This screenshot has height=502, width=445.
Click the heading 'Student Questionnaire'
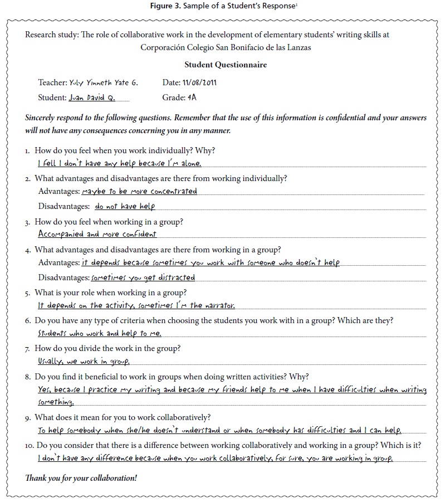click(x=226, y=65)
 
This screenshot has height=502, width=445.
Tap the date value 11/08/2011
click(x=199, y=82)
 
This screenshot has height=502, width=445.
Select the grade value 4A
click(x=192, y=97)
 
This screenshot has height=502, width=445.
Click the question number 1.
click(x=27, y=151)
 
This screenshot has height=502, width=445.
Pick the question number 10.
click(x=29, y=445)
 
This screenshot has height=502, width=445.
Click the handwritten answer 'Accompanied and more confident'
click(x=97, y=235)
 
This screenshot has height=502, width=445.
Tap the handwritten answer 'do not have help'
click(x=125, y=206)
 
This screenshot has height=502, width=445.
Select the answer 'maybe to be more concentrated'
click(x=139, y=191)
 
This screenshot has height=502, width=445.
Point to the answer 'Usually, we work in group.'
click(x=84, y=362)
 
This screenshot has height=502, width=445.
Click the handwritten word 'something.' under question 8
click(x=55, y=402)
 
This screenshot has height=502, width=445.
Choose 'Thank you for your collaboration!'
click(x=81, y=478)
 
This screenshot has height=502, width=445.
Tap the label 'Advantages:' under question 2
click(x=59, y=192)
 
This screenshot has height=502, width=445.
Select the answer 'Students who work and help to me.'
click(x=99, y=333)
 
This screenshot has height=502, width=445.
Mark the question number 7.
click(x=27, y=349)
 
